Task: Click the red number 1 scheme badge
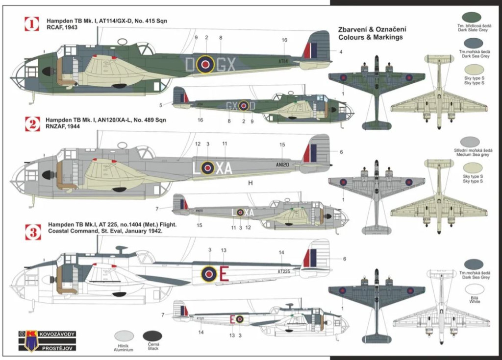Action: [x=32, y=24]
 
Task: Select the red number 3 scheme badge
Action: [x=33, y=231]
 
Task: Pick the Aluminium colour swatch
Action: [x=124, y=336]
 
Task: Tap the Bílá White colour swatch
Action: [x=474, y=289]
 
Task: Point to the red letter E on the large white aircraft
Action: [x=224, y=273]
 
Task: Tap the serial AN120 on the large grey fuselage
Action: [x=285, y=165]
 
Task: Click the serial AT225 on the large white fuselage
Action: [x=287, y=271]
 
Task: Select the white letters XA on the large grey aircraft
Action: [x=224, y=168]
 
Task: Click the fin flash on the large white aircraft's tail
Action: [x=309, y=258]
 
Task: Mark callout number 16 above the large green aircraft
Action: [x=284, y=40]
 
